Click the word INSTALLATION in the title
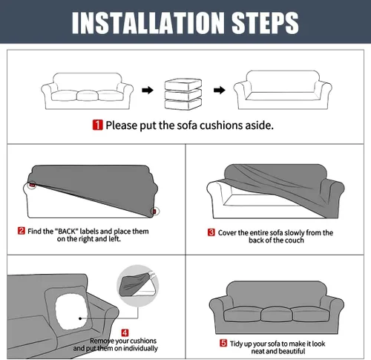pyautogui.click(x=148, y=23)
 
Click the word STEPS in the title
pyautogui.click(x=265, y=23)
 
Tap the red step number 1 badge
pyautogui.click(x=97, y=125)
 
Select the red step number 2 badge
pyautogui.click(x=22, y=231)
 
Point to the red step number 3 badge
pyautogui.click(x=211, y=232)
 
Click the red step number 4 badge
pyautogui.click(x=125, y=333)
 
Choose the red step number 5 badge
pyautogui.click(x=223, y=343)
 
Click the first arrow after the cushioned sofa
pyautogui.click(x=148, y=90)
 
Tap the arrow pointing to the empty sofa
pyautogui.click(x=220, y=90)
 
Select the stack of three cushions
pyautogui.click(x=183, y=94)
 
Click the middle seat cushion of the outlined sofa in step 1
pyautogui.click(x=88, y=96)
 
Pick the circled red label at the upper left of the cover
pyautogui.click(x=32, y=185)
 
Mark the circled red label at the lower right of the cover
pyautogui.click(x=155, y=212)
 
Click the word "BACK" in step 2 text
pyautogui.click(x=66, y=232)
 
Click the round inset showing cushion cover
pyautogui.click(x=137, y=285)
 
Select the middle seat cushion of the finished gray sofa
pyautogui.click(x=277, y=315)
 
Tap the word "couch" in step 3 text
pyautogui.click(x=294, y=240)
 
